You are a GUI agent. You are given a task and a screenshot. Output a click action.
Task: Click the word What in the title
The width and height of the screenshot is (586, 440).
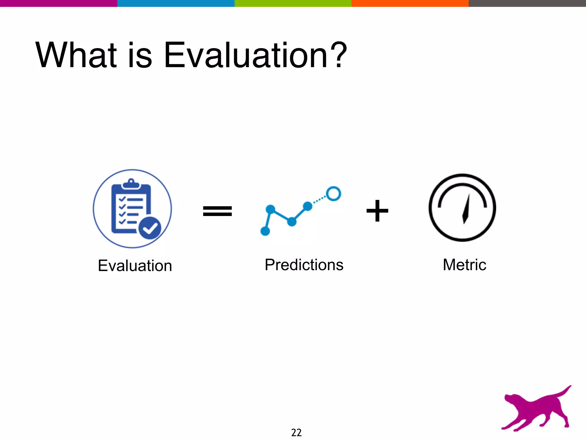tap(76, 55)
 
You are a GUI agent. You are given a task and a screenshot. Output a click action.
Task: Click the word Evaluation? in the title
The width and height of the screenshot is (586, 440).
tap(255, 55)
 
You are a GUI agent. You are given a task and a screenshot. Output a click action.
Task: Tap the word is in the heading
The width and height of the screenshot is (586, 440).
tap(140, 55)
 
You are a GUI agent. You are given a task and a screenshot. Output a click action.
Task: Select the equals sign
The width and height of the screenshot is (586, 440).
tap(217, 211)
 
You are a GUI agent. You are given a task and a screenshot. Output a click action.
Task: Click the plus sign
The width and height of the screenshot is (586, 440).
tap(377, 211)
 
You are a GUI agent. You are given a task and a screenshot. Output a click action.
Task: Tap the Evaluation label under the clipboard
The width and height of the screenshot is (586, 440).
tap(135, 266)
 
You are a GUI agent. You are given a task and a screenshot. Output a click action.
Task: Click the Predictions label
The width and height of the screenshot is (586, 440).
tap(304, 265)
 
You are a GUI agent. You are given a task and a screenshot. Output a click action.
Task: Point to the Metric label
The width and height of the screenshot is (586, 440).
tap(464, 265)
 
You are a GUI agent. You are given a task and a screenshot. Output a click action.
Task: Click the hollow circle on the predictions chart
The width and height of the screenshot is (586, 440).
tap(333, 194)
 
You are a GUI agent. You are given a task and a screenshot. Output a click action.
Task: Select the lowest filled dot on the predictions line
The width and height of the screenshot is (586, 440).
tap(265, 231)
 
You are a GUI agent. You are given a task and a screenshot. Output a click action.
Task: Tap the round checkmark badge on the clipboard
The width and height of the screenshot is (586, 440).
tap(150, 228)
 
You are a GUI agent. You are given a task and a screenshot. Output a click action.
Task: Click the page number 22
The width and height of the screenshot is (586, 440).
tap(296, 432)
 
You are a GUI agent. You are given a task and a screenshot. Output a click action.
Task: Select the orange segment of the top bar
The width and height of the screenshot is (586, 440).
tap(410, 3)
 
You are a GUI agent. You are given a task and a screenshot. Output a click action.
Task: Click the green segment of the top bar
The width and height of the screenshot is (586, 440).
tap(293, 3)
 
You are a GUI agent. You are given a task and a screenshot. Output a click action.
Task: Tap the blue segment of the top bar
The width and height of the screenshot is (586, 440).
tap(176, 3)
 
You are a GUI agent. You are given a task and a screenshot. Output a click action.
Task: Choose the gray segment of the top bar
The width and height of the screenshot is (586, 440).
tap(527, 3)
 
